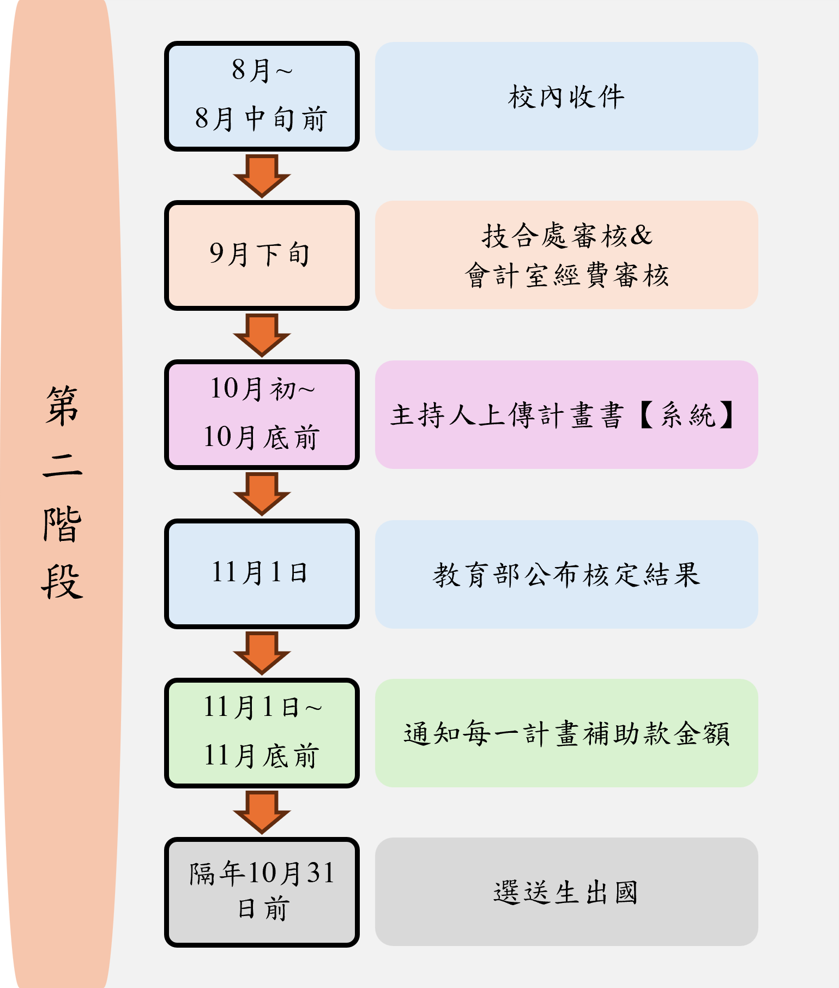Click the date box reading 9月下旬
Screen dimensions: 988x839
(x=262, y=255)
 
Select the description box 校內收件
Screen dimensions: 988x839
(x=566, y=97)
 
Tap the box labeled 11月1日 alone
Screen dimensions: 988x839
(x=262, y=574)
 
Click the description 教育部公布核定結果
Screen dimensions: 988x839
(x=566, y=574)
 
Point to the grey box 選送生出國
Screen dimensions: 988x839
(x=566, y=892)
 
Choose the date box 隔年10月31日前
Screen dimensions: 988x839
(x=262, y=892)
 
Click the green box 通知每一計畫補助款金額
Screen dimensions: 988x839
(x=566, y=733)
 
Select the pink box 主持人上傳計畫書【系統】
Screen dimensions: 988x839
(x=566, y=414)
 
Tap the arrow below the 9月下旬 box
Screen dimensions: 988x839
(x=262, y=335)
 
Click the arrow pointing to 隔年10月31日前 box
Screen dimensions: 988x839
(x=262, y=812)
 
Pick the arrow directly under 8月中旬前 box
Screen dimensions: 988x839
(x=262, y=176)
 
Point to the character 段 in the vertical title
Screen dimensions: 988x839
(x=63, y=582)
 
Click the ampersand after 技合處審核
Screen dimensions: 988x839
(x=641, y=236)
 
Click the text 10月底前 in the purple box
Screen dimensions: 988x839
(x=262, y=437)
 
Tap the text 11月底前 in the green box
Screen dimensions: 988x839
(x=262, y=756)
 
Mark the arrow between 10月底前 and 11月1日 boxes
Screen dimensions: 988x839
(x=262, y=494)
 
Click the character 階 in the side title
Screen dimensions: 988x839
(x=63, y=525)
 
